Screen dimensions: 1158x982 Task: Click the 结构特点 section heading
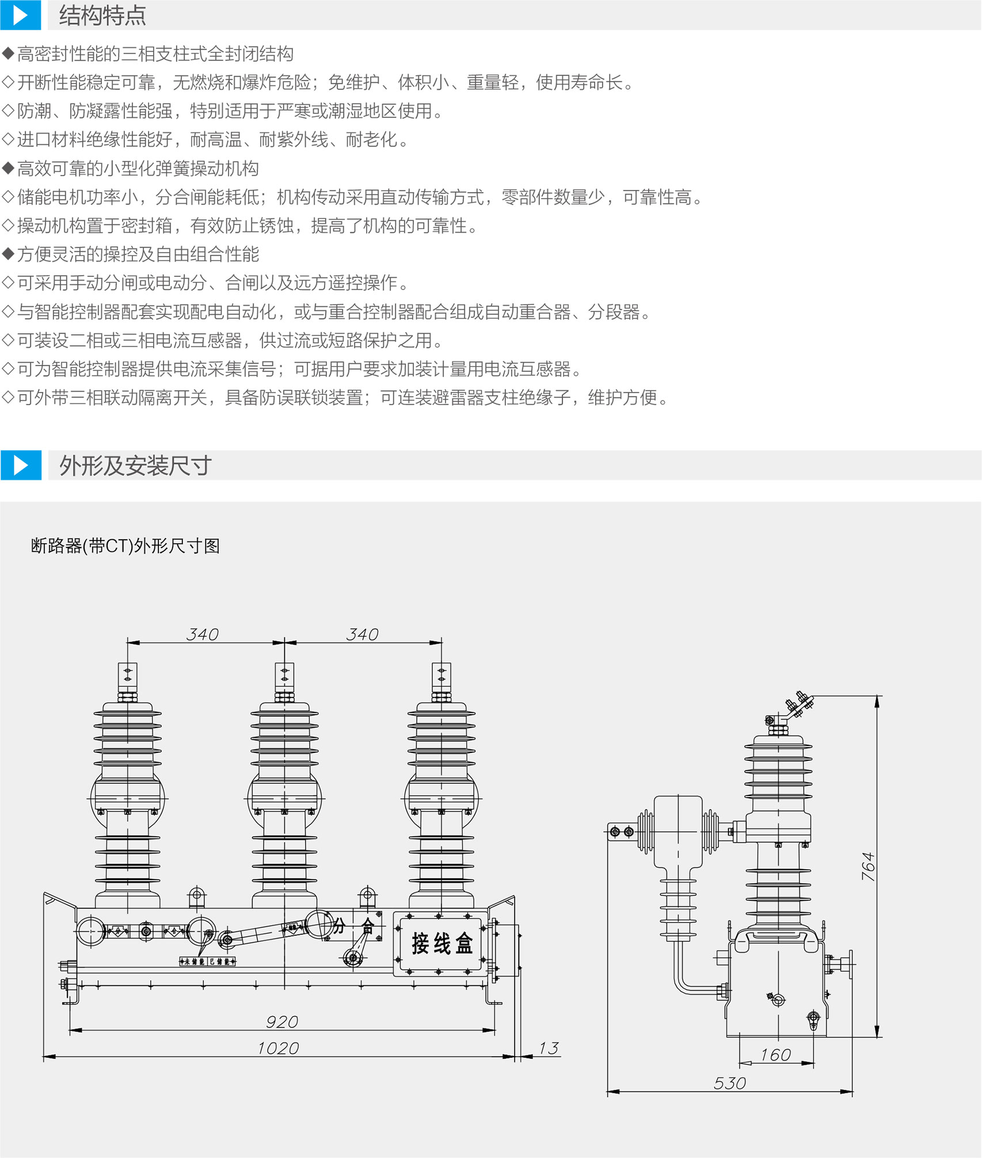tap(102, 16)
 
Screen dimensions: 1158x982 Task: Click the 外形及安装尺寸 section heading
tap(136, 465)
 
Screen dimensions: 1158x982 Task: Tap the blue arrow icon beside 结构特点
tap(21, 16)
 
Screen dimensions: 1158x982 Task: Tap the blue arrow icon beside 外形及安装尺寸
tap(21, 465)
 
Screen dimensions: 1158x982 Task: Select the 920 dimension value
tap(282, 1022)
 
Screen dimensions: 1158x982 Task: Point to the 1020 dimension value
tap(278, 1048)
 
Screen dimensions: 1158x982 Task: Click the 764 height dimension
tap(868, 866)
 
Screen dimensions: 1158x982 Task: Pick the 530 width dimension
tap(730, 1083)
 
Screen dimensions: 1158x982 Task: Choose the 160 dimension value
tap(775, 1055)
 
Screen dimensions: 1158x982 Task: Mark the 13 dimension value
tap(549, 1048)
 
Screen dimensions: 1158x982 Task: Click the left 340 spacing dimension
tap(203, 634)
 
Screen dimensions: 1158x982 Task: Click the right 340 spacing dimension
tap(362, 634)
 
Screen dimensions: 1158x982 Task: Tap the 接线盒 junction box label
tap(441, 944)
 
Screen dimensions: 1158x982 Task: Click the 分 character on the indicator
tap(338, 926)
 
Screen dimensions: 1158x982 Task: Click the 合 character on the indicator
tap(367, 926)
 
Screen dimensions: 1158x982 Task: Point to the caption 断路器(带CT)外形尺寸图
tap(125, 546)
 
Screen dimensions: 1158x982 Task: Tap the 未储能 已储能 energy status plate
tap(208, 961)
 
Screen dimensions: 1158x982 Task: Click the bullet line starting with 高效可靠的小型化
tap(138, 169)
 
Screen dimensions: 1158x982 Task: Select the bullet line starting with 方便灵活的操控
tap(138, 254)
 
